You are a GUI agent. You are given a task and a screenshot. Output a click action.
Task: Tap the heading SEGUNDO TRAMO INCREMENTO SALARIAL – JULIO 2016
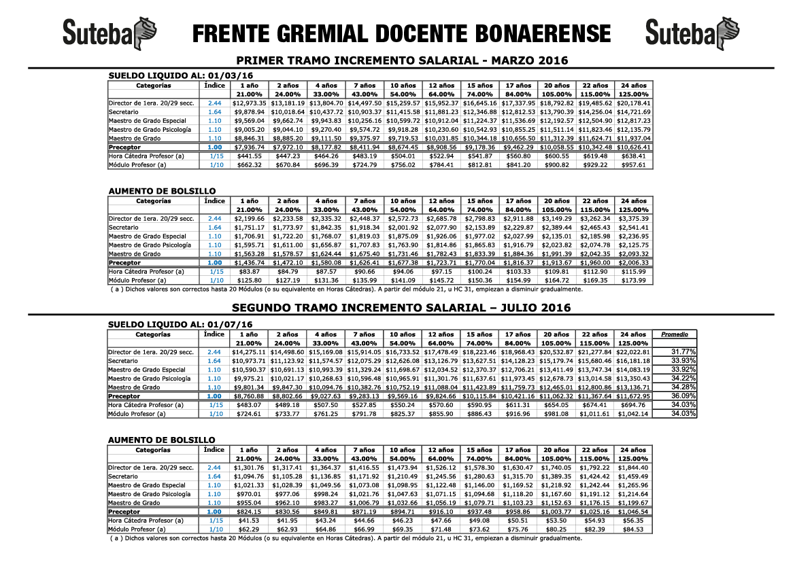(x=401, y=308)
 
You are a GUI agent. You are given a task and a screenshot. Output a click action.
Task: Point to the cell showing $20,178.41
(x=633, y=103)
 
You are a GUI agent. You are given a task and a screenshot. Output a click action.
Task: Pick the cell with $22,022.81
(x=633, y=352)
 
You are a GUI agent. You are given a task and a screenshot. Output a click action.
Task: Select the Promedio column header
(x=675, y=334)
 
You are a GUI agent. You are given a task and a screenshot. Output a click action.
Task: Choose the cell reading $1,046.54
(x=633, y=512)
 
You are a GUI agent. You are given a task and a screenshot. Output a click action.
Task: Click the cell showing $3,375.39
(x=633, y=219)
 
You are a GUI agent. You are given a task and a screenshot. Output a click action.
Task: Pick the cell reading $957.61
(x=633, y=164)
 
